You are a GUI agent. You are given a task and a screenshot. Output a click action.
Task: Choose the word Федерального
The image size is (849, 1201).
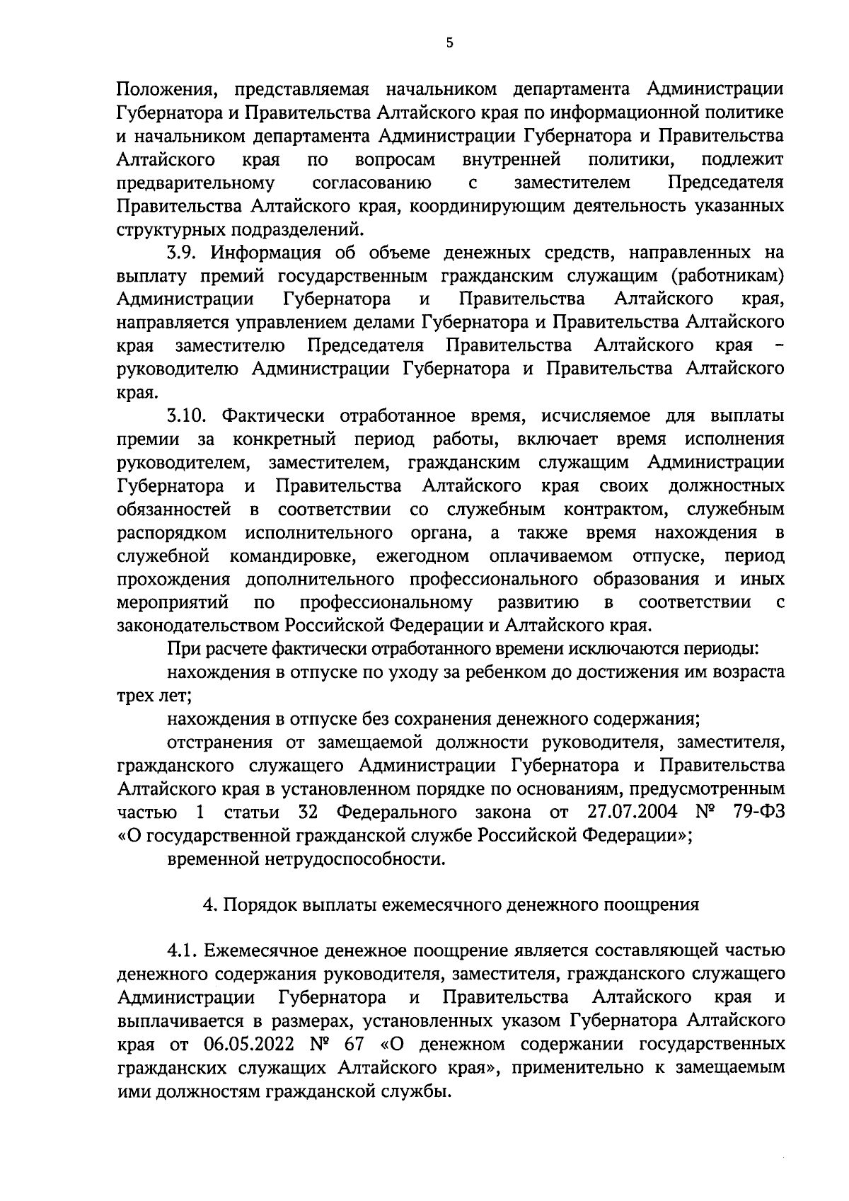[x=395, y=812]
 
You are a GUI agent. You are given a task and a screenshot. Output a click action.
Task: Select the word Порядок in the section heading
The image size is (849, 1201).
[x=258, y=904]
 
